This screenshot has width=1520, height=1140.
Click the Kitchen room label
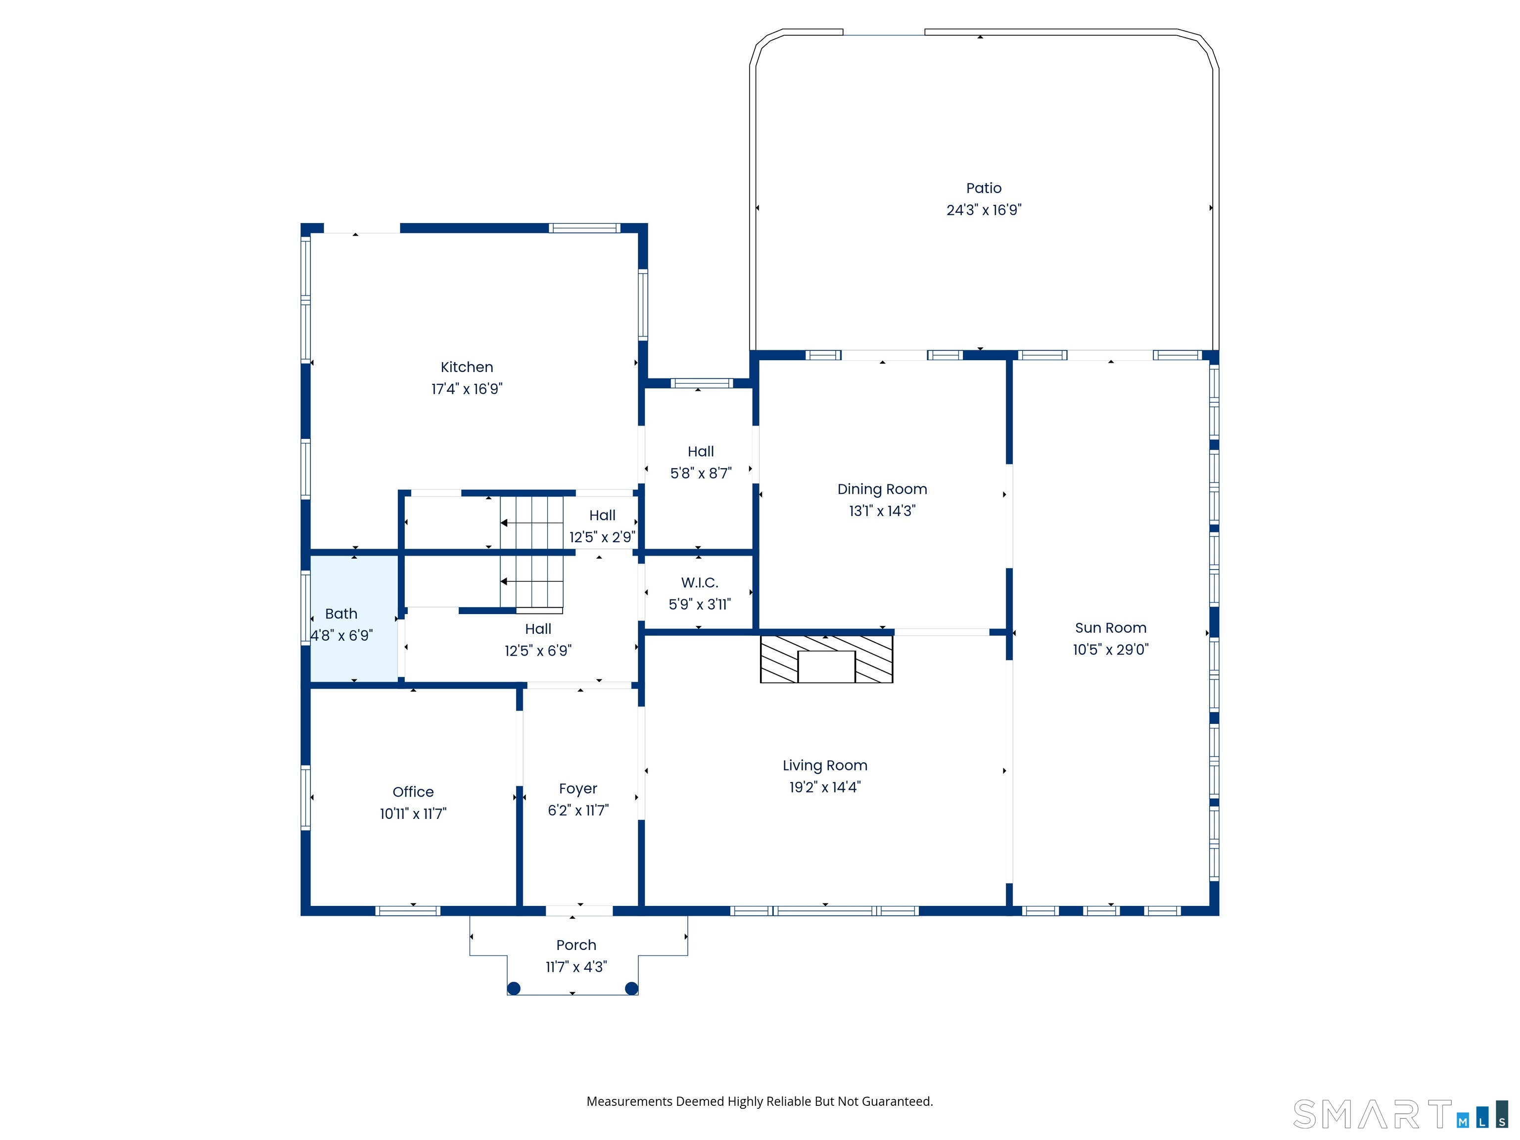click(467, 367)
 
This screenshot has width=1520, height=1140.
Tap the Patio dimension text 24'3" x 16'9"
click(984, 210)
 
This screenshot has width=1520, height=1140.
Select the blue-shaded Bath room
click(354, 618)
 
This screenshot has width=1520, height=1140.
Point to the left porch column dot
click(513, 988)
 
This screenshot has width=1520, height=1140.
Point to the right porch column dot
click(631, 988)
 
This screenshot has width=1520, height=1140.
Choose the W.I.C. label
click(700, 583)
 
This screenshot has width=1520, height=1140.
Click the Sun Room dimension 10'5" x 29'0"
click(1110, 649)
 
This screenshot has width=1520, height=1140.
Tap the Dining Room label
click(882, 489)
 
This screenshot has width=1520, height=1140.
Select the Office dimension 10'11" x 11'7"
click(413, 813)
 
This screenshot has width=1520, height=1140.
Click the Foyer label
click(578, 789)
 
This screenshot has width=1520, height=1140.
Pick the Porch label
click(576, 945)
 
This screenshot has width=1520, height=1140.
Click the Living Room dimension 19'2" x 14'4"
click(825, 787)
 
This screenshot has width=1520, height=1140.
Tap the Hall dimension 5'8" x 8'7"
click(701, 473)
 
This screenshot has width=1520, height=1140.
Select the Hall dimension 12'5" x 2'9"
click(602, 537)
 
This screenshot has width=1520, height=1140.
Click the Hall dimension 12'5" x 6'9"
click(538, 650)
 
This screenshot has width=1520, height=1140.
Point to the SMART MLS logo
click(1400, 1114)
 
